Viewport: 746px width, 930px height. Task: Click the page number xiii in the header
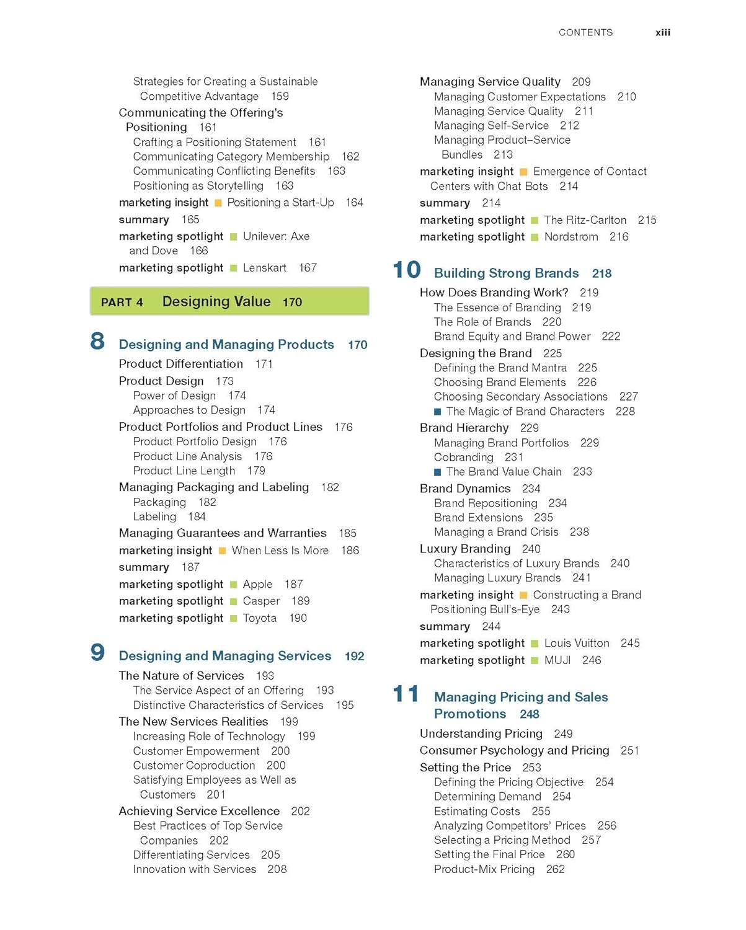[662, 33]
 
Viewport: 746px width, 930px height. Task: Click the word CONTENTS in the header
[585, 33]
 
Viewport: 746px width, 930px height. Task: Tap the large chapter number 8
[97, 342]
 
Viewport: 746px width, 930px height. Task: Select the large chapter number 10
[407, 270]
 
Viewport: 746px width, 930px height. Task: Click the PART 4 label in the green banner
[122, 303]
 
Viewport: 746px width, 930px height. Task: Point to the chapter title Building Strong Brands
[506, 273]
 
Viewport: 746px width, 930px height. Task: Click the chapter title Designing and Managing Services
[225, 656]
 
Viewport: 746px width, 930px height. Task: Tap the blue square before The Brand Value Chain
[438, 472]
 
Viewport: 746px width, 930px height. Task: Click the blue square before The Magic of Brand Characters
[438, 412]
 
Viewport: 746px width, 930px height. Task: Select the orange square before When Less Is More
[223, 551]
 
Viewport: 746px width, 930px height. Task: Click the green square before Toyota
[234, 619]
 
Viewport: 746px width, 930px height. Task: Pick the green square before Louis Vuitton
[535, 644]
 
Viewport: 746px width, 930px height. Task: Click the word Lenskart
[265, 268]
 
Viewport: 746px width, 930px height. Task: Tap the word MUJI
[557, 660]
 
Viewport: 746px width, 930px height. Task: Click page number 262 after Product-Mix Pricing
[555, 869]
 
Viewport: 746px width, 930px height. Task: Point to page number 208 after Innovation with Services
[277, 869]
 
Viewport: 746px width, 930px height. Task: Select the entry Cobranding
[463, 458]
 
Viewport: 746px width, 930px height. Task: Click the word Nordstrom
[571, 237]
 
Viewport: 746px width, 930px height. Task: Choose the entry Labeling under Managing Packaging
[154, 517]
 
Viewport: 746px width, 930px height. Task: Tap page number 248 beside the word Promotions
[529, 714]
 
